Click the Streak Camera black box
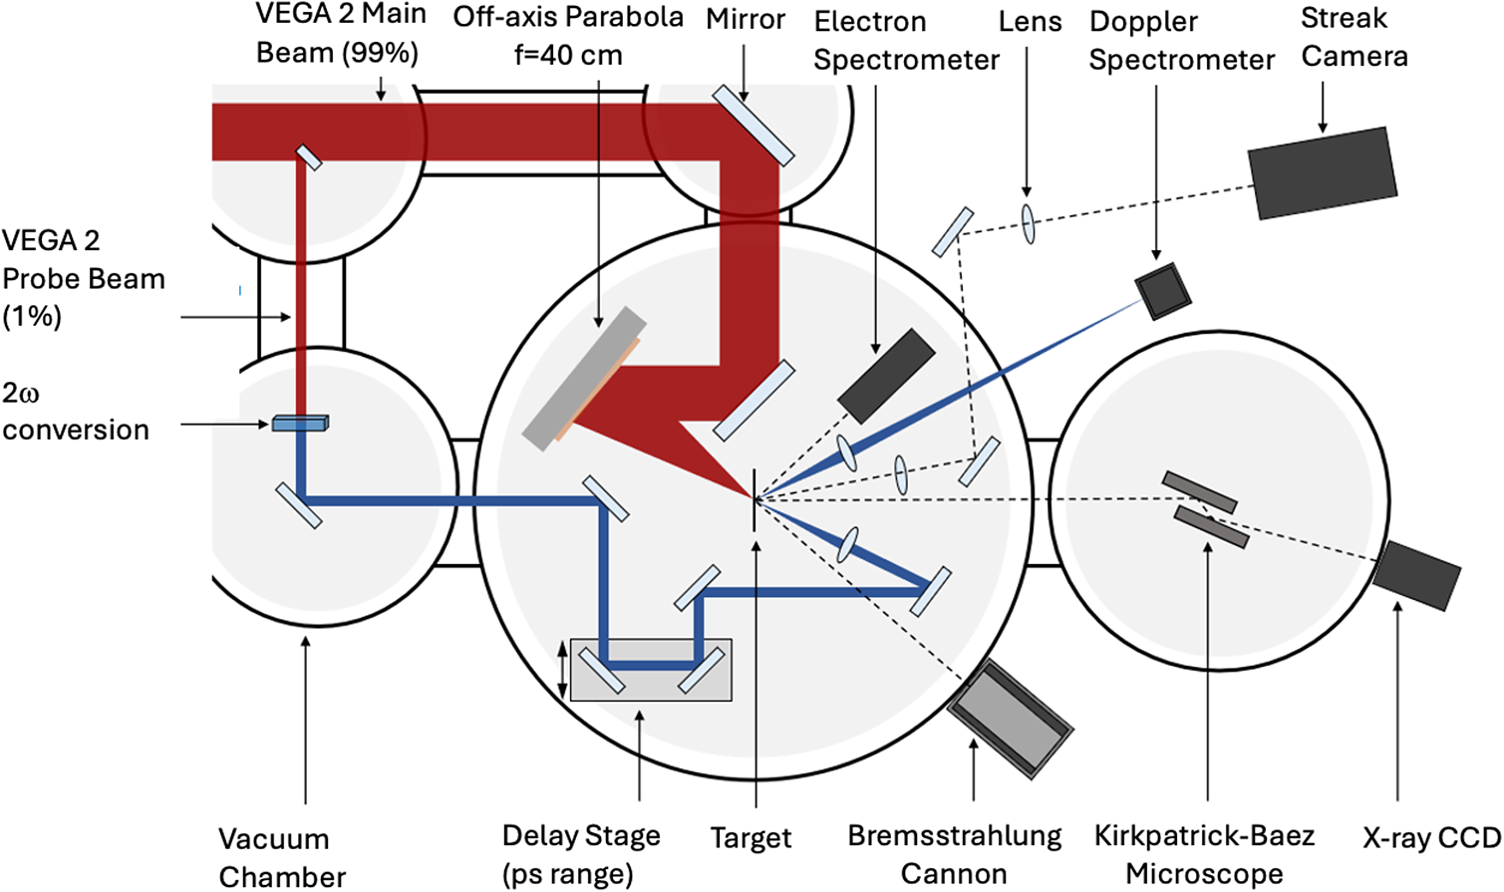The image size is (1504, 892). [1323, 172]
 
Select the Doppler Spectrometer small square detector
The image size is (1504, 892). [1163, 291]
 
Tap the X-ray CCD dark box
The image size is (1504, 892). [1416, 575]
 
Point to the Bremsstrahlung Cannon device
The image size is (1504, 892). [1010, 718]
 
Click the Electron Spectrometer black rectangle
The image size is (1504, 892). [886, 376]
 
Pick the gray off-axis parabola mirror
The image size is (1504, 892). [584, 379]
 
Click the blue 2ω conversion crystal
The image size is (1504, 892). [300, 424]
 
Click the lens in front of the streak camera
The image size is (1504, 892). [1028, 223]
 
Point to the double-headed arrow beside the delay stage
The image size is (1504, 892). [562, 670]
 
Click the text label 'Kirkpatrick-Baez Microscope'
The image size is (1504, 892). [1204, 854]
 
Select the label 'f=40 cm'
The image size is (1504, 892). [568, 55]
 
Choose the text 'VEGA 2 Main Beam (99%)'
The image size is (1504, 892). [340, 33]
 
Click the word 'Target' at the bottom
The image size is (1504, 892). [751, 838]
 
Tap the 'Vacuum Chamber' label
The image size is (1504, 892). [282, 857]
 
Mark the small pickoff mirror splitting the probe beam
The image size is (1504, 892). [309, 157]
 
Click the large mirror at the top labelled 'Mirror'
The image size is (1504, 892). [753, 125]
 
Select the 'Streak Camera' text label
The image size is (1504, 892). [1354, 37]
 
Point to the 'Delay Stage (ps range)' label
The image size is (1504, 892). [581, 854]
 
